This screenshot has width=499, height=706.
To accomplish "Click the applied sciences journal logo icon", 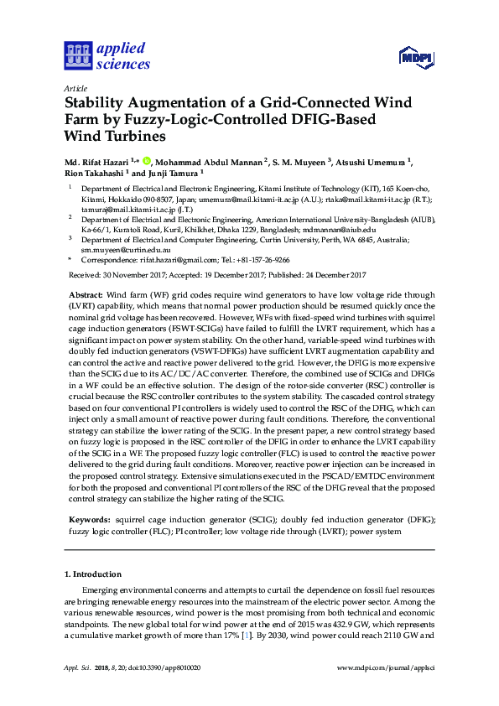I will [77, 55].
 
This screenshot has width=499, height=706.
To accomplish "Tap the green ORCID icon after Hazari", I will [146, 160].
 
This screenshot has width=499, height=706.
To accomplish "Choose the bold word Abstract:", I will [85, 296].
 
